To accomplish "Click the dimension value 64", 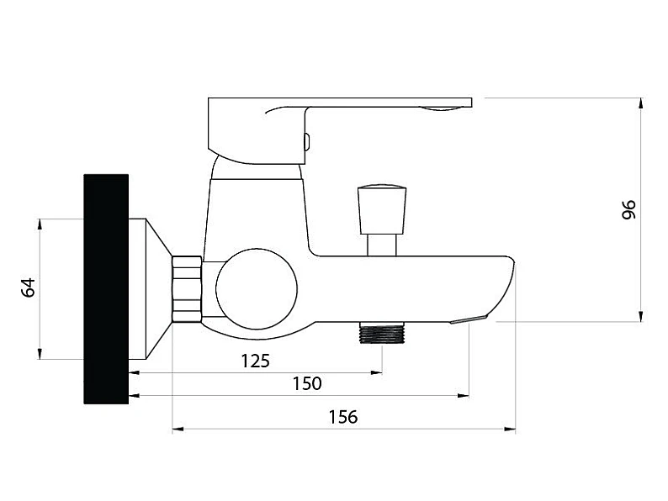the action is pos(29,287).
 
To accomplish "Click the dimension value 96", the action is pos(628,209).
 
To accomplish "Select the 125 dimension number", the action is pos(256,361).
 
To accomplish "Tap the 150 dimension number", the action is pos(307,383).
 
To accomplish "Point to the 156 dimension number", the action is pos(343,417).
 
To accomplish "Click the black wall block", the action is pos(106,288).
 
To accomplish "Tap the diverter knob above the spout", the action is pos(381,209).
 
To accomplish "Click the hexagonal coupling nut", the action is pos(187,288).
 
